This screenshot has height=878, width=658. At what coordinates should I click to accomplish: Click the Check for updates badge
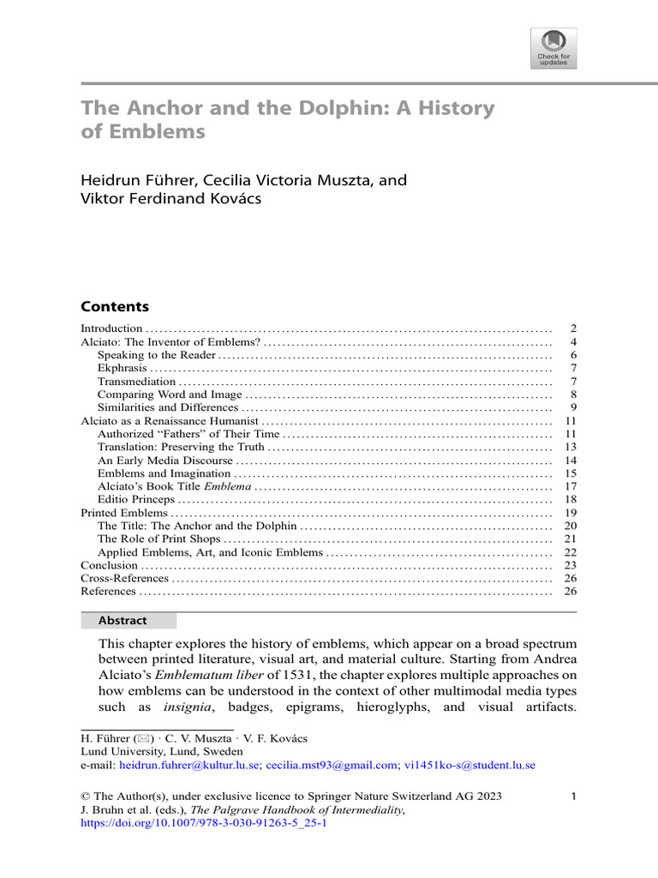(x=554, y=48)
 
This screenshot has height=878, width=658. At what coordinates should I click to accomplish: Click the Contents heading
(x=114, y=306)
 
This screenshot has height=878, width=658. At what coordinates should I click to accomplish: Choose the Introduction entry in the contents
(x=111, y=328)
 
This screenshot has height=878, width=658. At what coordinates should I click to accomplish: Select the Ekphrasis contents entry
(x=123, y=368)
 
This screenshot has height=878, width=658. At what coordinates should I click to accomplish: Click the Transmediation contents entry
(x=137, y=381)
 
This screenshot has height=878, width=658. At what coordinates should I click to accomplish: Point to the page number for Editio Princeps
(x=571, y=499)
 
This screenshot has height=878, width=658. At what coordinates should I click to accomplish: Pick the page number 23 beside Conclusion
(x=571, y=565)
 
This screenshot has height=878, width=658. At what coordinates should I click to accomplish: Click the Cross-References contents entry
(x=124, y=579)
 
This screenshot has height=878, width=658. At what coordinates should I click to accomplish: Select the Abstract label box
(x=129, y=621)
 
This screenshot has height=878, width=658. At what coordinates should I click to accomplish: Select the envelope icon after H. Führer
(x=137, y=737)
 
